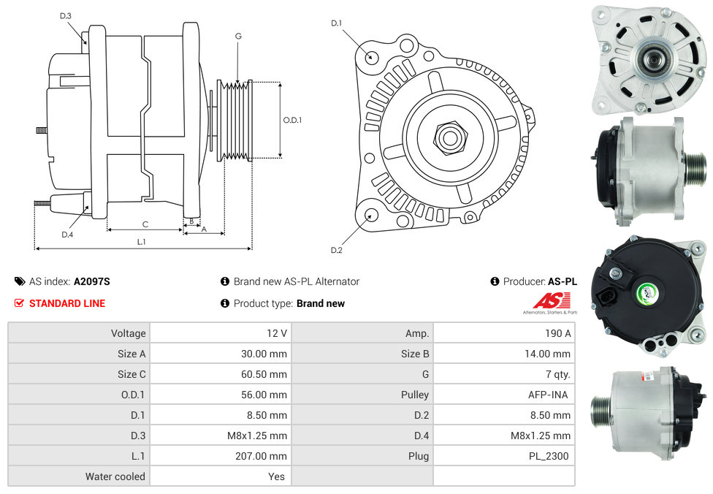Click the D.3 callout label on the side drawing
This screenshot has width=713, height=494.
[66, 16]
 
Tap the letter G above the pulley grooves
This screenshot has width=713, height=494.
[238, 36]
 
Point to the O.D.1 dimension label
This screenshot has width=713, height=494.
[292, 120]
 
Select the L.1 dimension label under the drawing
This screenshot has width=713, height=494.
[142, 242]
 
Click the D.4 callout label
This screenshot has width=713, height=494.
[67, 235]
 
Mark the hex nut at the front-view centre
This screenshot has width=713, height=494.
[450, 137]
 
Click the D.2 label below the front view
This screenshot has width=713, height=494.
[337, 250]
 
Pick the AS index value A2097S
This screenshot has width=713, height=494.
[92, 281]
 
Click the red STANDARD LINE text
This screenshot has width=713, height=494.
[67, 303]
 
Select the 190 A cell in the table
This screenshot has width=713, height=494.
[558, 333]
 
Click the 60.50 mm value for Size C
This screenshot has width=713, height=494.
[264, 374]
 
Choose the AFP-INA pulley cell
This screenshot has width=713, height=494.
[548, 395]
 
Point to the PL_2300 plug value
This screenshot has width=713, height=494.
[549, 456]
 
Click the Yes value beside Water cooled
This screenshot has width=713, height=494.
[276, 476]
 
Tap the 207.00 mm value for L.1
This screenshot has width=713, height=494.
[261, 456]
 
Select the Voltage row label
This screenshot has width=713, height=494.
[129, 333]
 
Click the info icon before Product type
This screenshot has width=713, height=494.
[224, 303]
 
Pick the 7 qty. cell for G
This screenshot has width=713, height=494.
[558, 374]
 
